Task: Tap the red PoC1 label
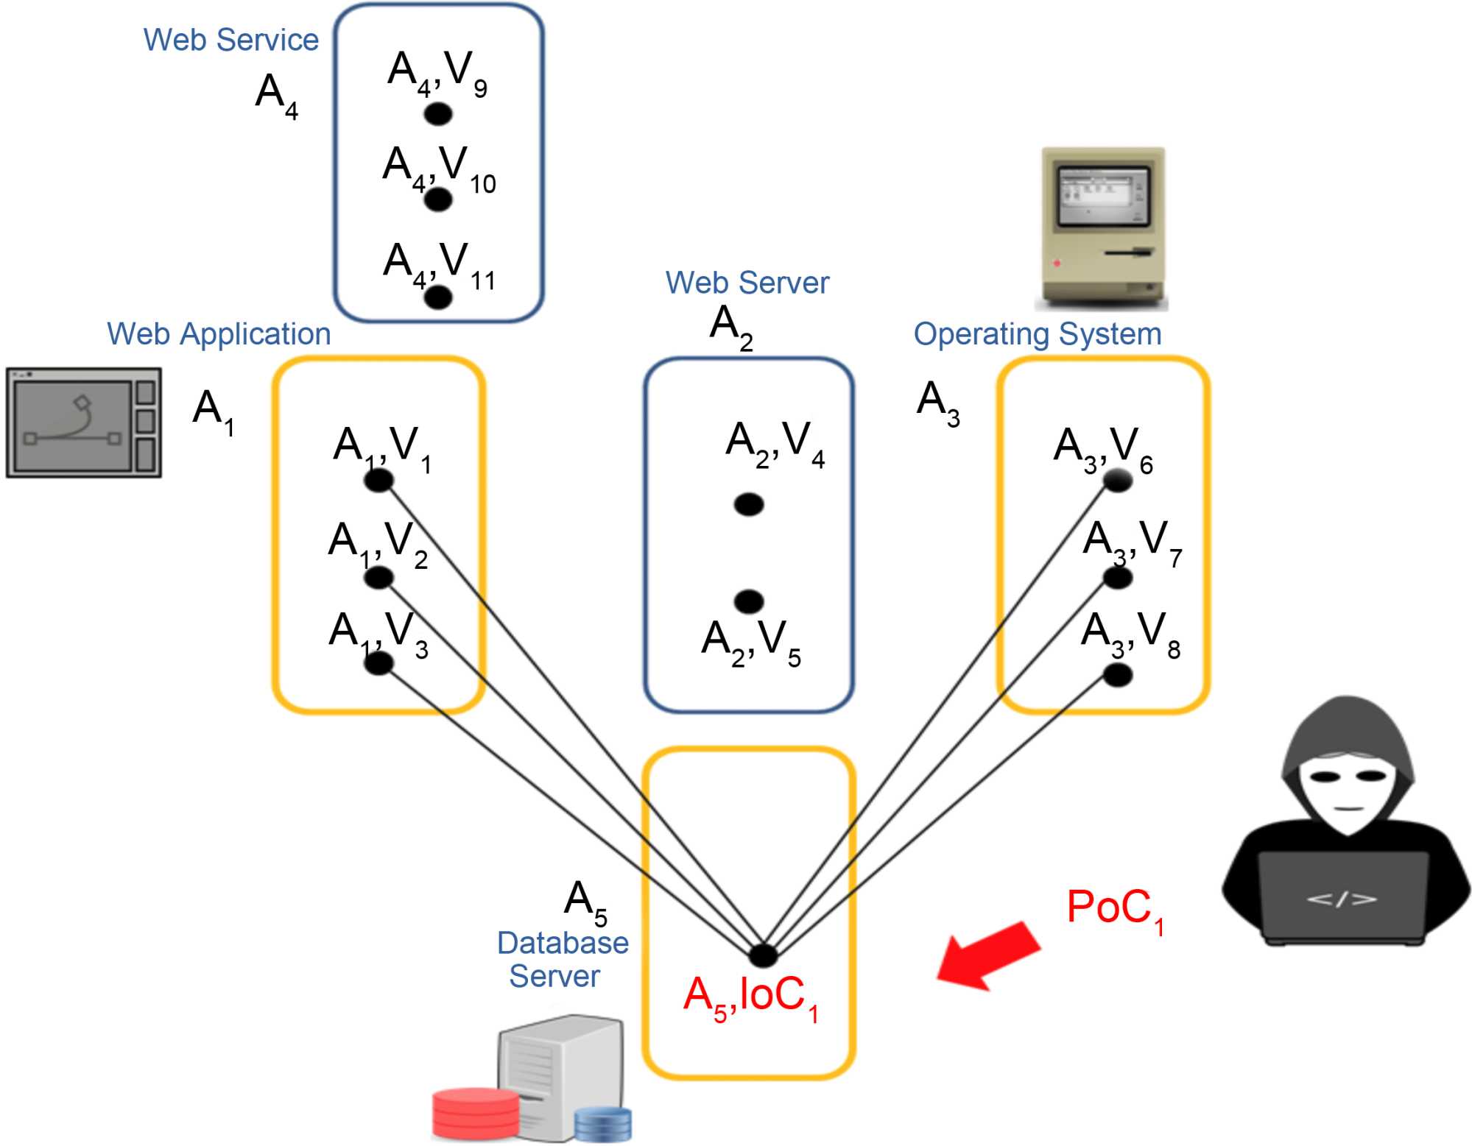click(x=1114, y=910)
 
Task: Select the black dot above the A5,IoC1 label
click(x=763, y=955)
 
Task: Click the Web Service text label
click(x=230, y=40)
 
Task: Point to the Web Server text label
click(x=747, y=283)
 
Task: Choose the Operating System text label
click(x=1037, y=334)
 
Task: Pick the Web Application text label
click(x=219, y=334)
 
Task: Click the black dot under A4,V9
click(x=438, y=114)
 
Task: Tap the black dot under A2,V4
click(x=749, y=504)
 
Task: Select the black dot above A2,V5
click(x=749, y=601)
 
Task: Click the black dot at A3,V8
click(x=1117, y=674)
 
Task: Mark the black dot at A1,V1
click(x=379, y=481)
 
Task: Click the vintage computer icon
click(x=1102, y=228)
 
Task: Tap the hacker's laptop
click(x=1342, y=898)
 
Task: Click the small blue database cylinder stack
click(x=602, y=1123)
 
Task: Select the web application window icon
click(x=84, y=423)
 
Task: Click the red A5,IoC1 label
click(x=750, y=997)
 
